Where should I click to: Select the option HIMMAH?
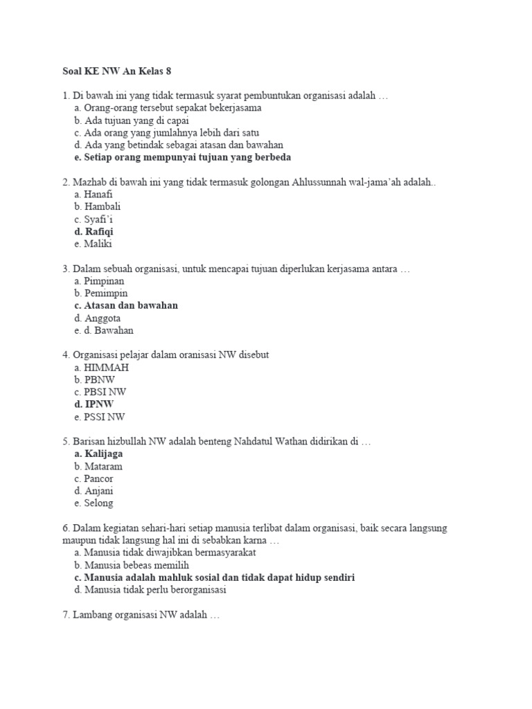click(100, 368)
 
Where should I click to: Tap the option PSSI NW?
click(100, 417)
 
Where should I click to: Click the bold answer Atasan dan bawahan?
click(125, 305)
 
